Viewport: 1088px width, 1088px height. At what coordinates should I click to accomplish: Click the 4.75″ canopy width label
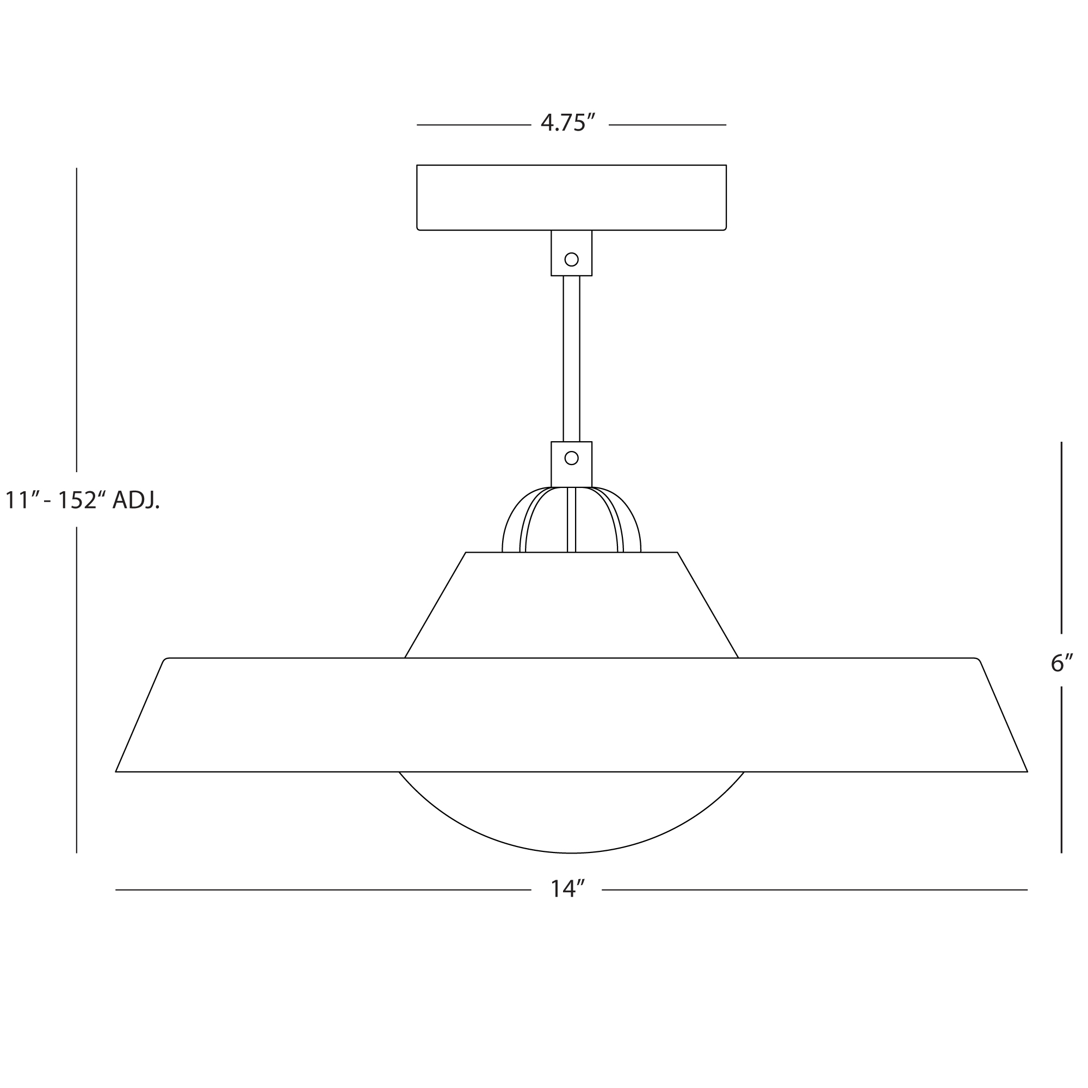pos(567,123)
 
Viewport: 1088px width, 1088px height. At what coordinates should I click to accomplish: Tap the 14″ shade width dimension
pos(567,889)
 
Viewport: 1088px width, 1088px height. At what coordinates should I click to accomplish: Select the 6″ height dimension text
pos(1062,663)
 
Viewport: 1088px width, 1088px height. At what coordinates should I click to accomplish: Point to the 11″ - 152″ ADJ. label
pos(82,500)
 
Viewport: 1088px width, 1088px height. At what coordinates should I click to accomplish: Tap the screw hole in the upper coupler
pos(571,259)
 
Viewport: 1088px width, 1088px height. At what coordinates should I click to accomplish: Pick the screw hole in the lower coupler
pos(571,459)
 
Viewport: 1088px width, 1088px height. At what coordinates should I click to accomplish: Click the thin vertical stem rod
pos(571,358)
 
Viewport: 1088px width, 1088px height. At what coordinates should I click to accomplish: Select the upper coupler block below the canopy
pos(571,253)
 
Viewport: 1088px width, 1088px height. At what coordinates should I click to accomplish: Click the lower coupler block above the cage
pos(571,464)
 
